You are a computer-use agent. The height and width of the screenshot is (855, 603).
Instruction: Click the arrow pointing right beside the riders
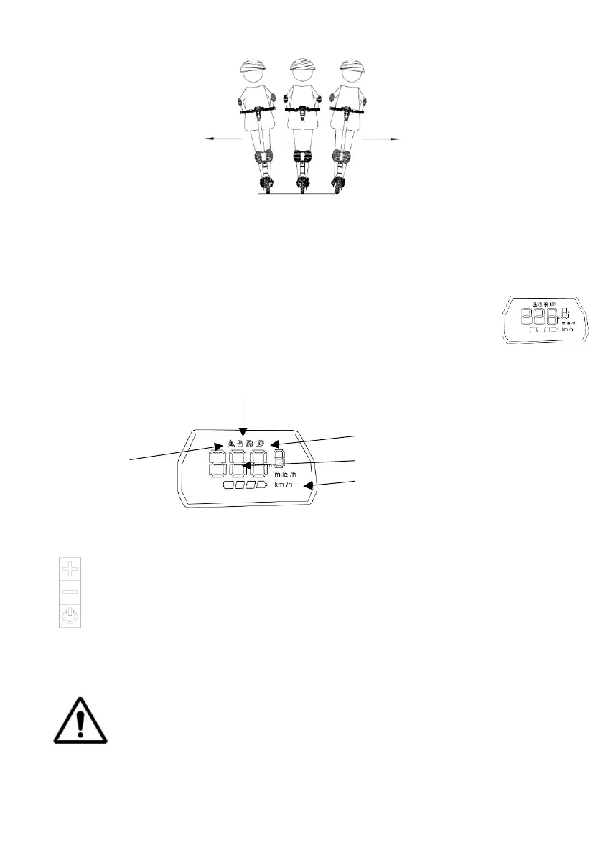380,140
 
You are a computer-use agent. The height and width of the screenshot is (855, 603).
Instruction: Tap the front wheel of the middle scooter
302,185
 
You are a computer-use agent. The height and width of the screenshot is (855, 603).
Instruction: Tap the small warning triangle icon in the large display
231,444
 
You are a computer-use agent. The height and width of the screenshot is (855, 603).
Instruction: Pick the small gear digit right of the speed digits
280,459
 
